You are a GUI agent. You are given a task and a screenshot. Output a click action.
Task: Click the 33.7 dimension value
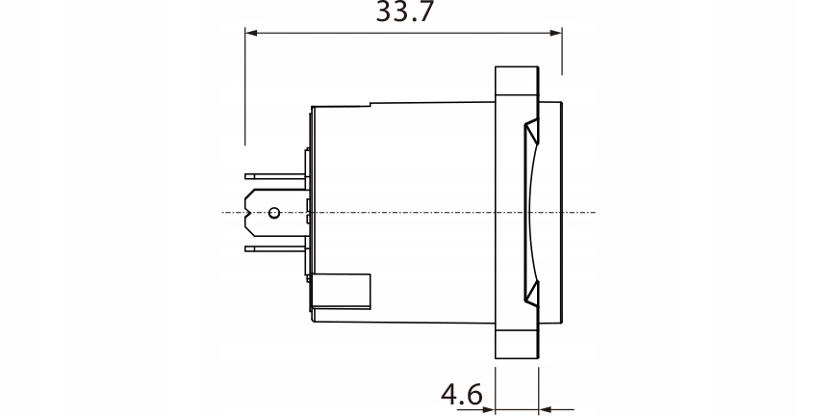click(x=404, y=12)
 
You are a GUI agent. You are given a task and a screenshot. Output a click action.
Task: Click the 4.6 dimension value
click(x=462, y=395)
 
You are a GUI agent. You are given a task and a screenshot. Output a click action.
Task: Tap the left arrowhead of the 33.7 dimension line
click(x=251, y=33)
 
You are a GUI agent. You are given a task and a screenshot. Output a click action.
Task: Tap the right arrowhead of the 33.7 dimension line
click(x=555, y=33)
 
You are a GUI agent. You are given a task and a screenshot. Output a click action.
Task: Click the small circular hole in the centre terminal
click(x=274, y=213)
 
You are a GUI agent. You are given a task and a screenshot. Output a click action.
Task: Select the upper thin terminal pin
click(x=275, y=176)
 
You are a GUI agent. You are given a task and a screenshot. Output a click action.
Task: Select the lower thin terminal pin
click(x=275, y=249)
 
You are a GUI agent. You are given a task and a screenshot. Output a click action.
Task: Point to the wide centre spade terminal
click(x=276, y=213)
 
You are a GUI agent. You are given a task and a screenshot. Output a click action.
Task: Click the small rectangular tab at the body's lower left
click(x=341, y=292)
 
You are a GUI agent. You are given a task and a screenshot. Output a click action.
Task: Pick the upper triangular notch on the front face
click(x=531, y=131)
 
